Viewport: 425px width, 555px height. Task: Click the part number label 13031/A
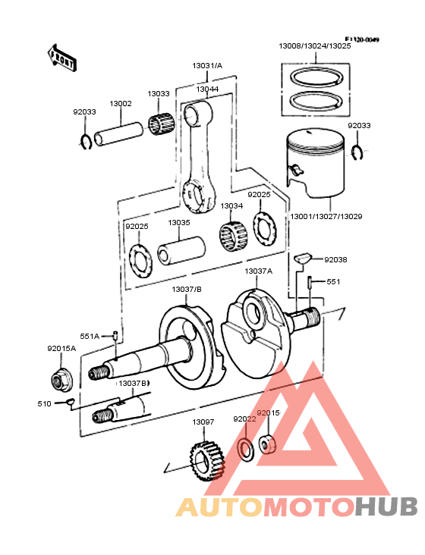(207, 66)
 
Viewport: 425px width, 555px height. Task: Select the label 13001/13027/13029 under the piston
(326, 217)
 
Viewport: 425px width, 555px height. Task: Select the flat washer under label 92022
(246, 448)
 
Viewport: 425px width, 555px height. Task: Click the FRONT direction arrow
(61, 57)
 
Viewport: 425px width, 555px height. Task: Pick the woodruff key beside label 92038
(304, 258)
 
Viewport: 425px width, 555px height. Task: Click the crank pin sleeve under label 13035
(182, 249)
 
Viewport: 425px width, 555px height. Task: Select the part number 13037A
(258, 271)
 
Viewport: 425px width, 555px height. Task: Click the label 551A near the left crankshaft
(90, 336)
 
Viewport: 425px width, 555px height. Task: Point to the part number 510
(44, 403)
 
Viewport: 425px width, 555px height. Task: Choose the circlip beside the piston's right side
(358, 153)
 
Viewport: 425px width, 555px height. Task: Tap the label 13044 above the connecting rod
(207, 89)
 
